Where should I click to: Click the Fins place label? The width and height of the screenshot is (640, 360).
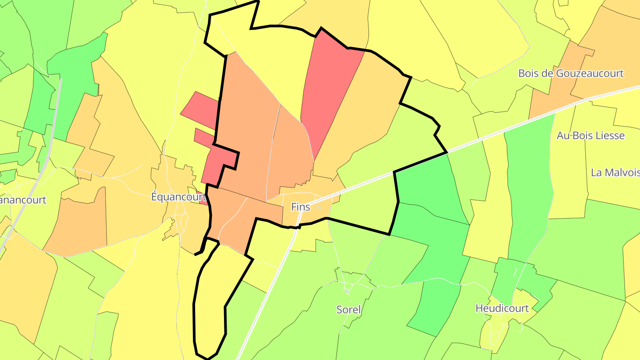coord(300,207)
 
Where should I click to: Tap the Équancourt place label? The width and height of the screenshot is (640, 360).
coord(177,196)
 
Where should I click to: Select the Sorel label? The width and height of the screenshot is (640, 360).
coord(349,309)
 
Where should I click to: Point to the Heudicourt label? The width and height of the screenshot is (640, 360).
coord(502,308)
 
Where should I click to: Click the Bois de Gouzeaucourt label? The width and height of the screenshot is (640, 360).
coord(571,73)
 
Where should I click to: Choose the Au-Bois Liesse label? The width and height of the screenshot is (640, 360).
coord(591,136)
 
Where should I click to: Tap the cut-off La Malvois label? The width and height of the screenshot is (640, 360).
coord(615,172)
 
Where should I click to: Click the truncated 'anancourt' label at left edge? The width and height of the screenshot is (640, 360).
coord(23,200)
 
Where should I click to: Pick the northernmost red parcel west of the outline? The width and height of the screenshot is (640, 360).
coord(200,107)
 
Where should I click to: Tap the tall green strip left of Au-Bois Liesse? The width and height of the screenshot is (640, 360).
coord(529,187)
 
